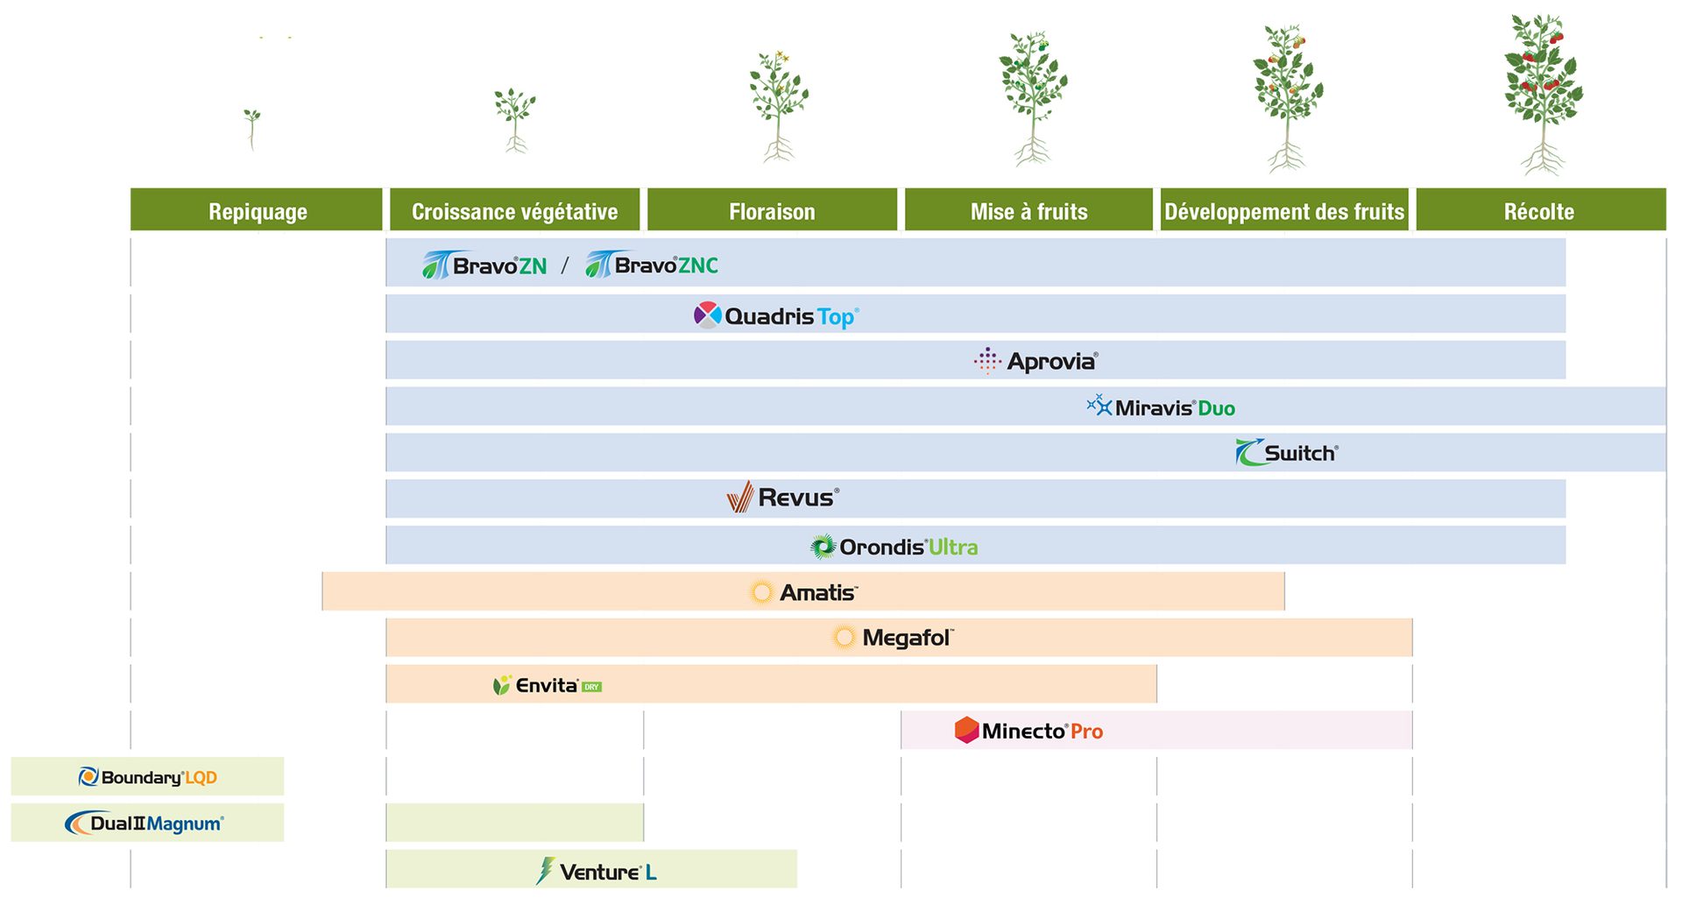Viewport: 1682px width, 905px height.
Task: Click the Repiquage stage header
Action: click(x=257, y=211)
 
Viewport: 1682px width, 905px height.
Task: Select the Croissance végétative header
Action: click(x=514, y=211)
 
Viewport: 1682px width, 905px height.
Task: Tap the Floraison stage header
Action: click(x=772, y=211)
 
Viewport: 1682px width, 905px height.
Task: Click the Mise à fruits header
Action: click(x=1028, y=211)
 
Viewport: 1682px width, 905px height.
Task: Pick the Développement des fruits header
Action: click(x=1284, y=211)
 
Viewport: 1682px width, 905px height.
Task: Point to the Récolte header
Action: click(x=1540, y=211)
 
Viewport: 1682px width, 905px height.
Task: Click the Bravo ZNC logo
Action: click(x=652, y=265)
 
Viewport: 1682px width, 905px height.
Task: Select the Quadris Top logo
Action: click(x=777, y=316)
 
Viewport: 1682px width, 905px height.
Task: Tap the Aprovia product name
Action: click(x=1050, y=361)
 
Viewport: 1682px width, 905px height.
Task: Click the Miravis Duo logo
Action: click(x=1162, y=407)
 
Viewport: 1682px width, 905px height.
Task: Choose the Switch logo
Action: click(x=1287, y=453)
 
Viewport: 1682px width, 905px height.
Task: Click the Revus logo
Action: click(x=783, y=498)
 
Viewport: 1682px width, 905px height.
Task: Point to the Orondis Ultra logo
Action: click(x=894, y=547)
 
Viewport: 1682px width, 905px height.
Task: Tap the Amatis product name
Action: click(x=816, y=593)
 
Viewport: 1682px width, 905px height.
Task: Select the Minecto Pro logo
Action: click(x=1028, y=731)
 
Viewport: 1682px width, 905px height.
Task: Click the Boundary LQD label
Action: click(x=148, y=777)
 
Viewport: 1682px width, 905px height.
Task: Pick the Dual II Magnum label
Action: click(x=145, y=824)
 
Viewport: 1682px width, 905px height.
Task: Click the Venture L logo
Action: click(x=597, y=872)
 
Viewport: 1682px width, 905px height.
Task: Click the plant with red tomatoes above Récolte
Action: click(x=1543, y=92)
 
